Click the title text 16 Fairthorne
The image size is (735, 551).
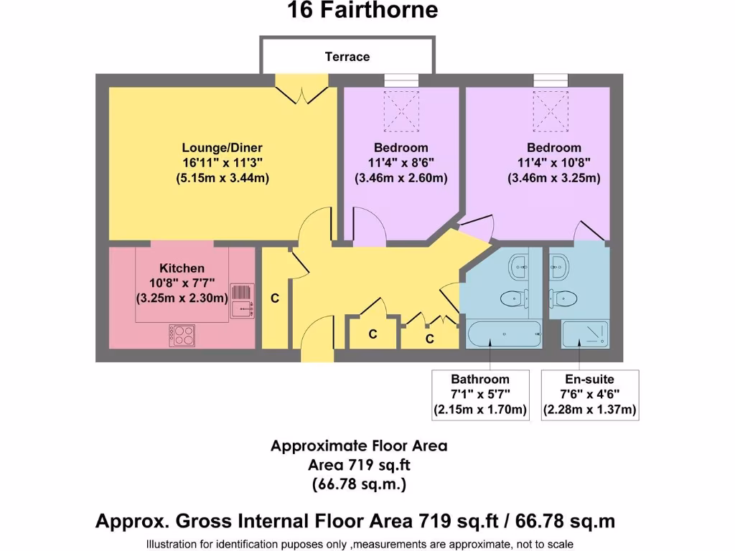click(x=362, y=11)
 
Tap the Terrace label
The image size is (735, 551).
click(x=347, y=57)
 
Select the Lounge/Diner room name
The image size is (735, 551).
click(x=222, y=148)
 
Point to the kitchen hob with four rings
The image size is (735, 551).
click(x=182, y=335)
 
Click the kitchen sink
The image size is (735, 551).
click(x=242, y=301)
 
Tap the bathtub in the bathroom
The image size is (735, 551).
click(x=504, y=334)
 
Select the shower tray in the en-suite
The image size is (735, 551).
click(x=584, y=334)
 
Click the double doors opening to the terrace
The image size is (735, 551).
click(x=301, y=92)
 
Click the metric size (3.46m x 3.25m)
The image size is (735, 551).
click(x=553, y=178)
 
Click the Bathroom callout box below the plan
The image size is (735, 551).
click(x=480, y=395)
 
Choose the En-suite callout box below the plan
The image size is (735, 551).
click(x=589, y=395)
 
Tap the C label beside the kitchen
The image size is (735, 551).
click(x=275, y=298)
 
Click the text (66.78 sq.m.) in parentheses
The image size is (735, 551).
click(x=359, y=484)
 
